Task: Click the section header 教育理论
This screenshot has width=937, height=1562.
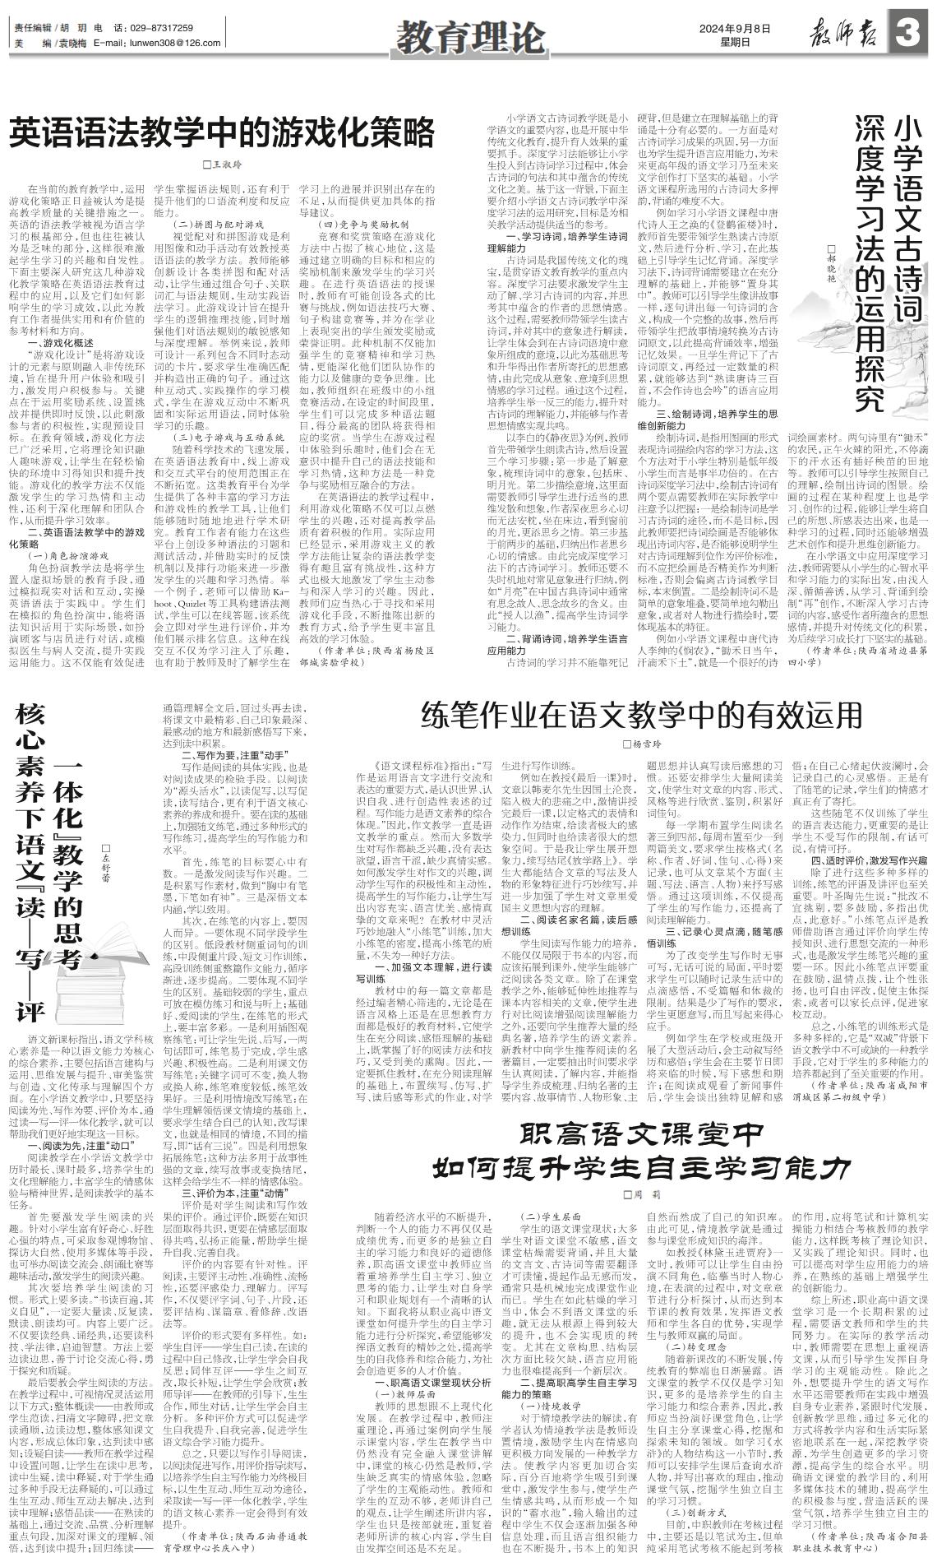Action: pyautogui.click(x=469, y=35)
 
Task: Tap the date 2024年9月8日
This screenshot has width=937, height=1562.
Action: pyautogui.click(x=736, y=27)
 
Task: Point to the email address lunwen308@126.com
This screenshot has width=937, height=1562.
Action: pyautogui.click(x=157, y=42)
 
